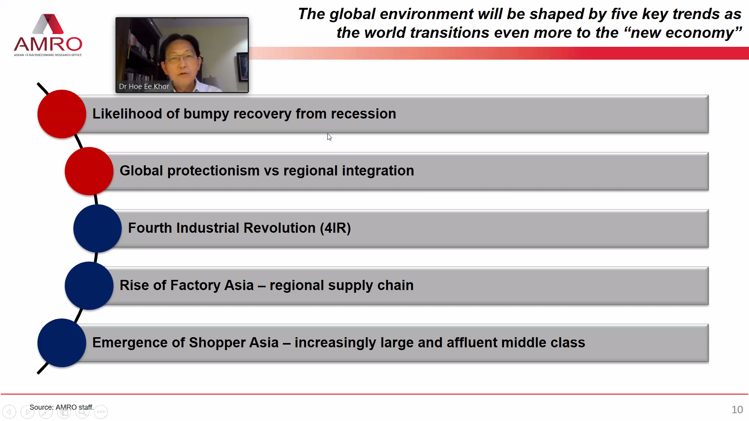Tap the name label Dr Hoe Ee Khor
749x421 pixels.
[144, 87]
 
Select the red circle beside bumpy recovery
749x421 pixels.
[62, 114]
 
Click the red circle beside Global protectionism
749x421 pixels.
[89, 171]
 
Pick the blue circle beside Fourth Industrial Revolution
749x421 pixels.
[98, 228]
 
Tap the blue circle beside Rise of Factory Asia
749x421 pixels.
[89, 286]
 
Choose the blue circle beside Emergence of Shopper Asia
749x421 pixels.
[62, 343]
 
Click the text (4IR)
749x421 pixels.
[335, 228]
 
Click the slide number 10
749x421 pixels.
[737, 410]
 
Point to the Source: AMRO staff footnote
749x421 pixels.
[62, 407]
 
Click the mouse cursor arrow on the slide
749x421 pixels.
[329, 137]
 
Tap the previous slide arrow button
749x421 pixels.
[9, 412]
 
